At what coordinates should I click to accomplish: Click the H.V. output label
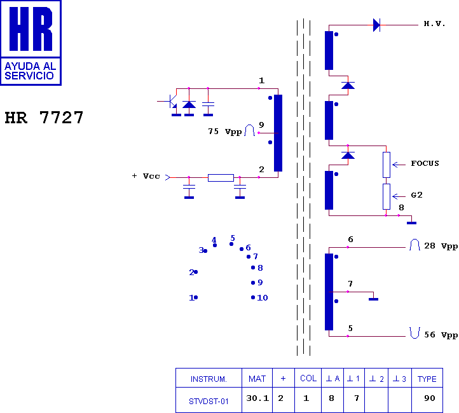[434, 24]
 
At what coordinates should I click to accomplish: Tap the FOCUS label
[425, 163]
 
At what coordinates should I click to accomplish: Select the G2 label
[416, 195]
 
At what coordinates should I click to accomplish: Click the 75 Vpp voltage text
[225, 132]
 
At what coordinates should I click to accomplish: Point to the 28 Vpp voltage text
[441, 246]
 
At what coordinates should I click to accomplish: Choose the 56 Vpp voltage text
[441, 335]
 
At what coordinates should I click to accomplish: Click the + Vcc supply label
[146, 176]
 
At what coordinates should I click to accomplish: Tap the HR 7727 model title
[44, 118]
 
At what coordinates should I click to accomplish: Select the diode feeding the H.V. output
[376, 25]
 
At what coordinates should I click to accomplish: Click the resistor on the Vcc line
[221, 177]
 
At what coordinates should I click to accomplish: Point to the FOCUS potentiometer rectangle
[387, 165]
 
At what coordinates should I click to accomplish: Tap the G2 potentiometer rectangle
[387, 196]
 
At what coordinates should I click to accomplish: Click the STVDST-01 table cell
[209, 402]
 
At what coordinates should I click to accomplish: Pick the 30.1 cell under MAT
[257, 398]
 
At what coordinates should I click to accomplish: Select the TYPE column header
[427, 379]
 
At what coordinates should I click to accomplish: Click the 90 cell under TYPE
[429, 398]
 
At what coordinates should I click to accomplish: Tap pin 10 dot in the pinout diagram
[253, 297]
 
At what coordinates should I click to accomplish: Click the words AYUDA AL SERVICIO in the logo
[30, 71]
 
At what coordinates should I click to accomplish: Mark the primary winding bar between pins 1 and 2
[278, 133]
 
